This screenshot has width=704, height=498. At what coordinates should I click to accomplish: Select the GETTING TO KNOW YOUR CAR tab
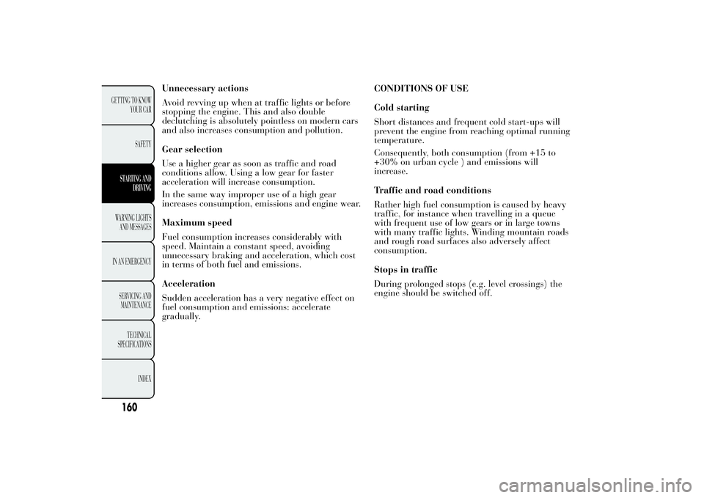(x=133, y=103)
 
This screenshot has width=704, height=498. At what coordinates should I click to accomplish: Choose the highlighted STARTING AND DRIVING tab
(x=133, y=183)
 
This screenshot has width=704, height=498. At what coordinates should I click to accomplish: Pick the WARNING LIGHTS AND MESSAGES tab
(x=133, y=221)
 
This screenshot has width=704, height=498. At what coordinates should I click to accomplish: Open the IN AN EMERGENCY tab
(x=133, y=261)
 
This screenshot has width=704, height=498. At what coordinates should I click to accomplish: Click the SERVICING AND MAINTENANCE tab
(x=133, y=300)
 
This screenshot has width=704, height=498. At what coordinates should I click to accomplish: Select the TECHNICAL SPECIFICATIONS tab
(x=133, y=339)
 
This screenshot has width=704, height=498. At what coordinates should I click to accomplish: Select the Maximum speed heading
(x=197, y=222)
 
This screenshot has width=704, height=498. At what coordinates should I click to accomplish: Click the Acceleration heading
(x=188, y=283)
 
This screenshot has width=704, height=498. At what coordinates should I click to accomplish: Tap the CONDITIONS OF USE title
(x=421, y=89)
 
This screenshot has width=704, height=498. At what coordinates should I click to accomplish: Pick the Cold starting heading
(x=402, y=108)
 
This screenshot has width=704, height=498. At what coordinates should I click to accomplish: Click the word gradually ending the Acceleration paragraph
(x=180, y=316)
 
